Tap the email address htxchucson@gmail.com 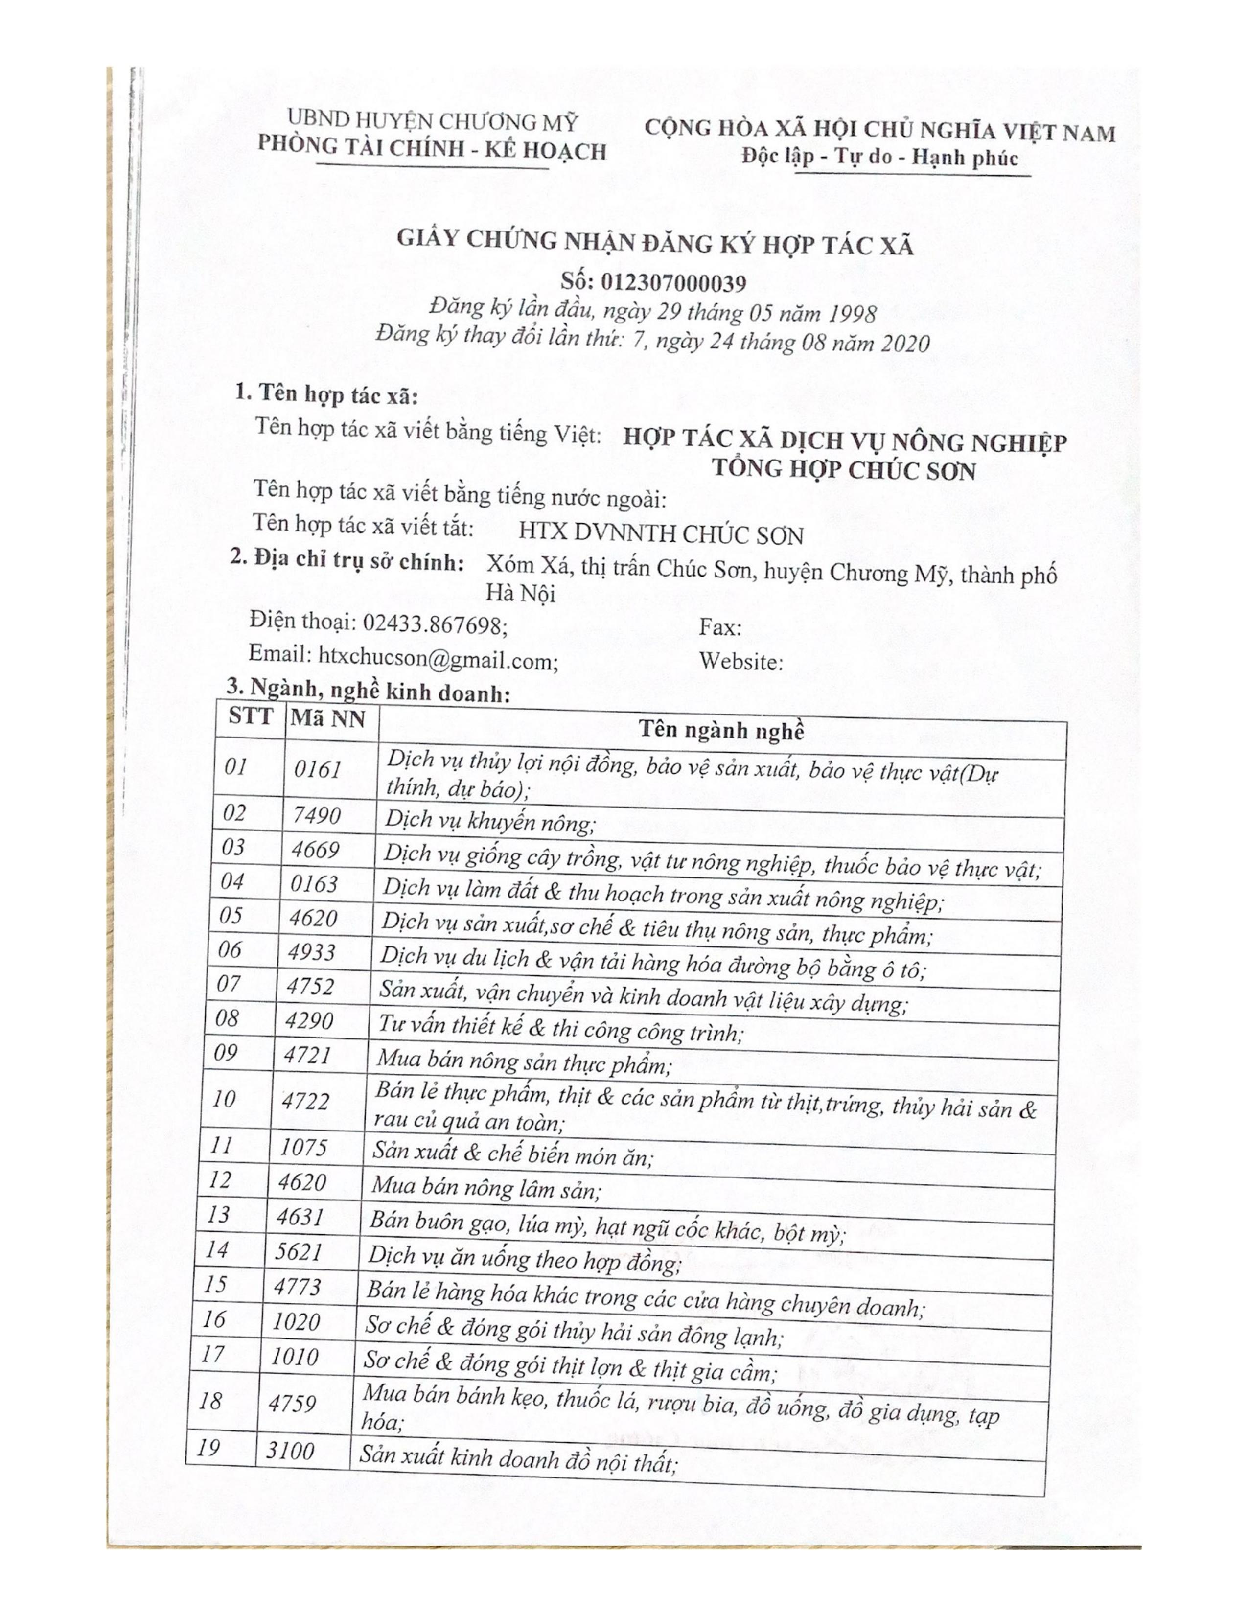click(x=439, y=657)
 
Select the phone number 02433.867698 click(x=435, y=625)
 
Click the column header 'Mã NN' click(x=327, y=718)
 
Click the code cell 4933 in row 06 click(x=312, y=952)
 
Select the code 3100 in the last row click(x=290, y=1451)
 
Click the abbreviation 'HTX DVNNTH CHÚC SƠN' click(x=660, y=534)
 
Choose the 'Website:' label click(x=741, y=661)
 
